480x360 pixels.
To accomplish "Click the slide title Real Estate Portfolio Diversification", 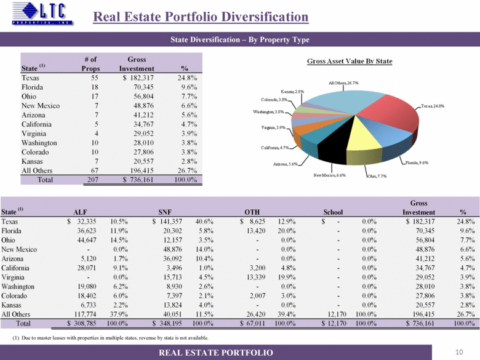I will tap(201, 17).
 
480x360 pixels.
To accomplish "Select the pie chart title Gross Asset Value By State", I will tap(350, 61).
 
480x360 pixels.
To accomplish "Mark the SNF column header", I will tap(165, 210).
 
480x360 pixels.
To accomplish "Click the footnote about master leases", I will tap(111, 338).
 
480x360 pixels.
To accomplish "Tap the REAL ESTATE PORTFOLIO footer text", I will tap(215, 352).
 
